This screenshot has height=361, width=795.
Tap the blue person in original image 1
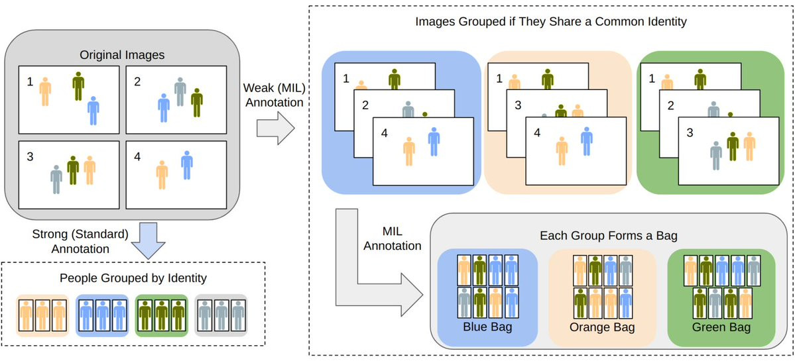pos(93,111)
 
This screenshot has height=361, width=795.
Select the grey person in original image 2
pos(180,91)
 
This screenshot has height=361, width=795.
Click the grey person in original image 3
pos(56,180)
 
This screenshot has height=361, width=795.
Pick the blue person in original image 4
pos(187,165)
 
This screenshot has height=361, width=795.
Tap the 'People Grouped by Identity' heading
pos(133,278)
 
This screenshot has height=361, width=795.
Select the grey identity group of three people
pos(221,316)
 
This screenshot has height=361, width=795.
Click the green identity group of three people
pos(161,316)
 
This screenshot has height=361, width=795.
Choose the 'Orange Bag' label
pos(602,328)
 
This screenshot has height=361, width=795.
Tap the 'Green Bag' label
pos(722,328)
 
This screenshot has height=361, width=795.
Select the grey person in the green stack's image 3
pos(716,156)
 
